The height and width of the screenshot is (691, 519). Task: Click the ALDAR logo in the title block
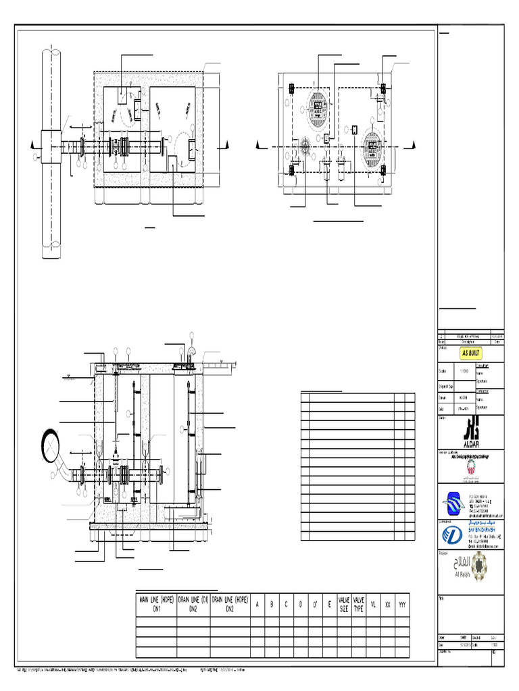pyautogui.click(x=471, y=430)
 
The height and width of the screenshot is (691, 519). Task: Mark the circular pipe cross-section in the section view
pyautogui.click(x=52, y=443)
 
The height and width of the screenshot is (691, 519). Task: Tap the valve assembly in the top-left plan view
pyautogui.click(x=122, y=146)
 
